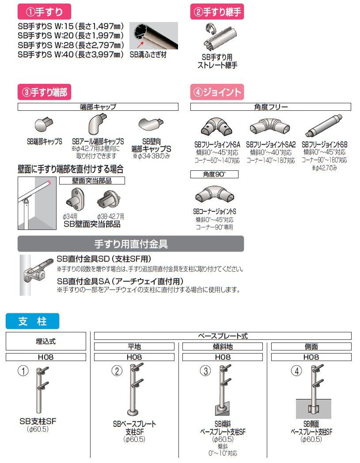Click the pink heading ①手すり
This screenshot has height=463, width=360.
44,12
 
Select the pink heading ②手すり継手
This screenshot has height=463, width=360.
217,12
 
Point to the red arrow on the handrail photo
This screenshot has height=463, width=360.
141,44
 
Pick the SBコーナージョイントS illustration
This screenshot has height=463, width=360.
214,194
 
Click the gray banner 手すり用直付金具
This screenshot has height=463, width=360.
131,244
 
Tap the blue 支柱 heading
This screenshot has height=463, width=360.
32,321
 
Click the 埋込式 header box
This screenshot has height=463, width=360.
46,341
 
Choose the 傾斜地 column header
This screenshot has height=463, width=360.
223,347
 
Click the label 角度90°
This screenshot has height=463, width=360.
214,174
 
